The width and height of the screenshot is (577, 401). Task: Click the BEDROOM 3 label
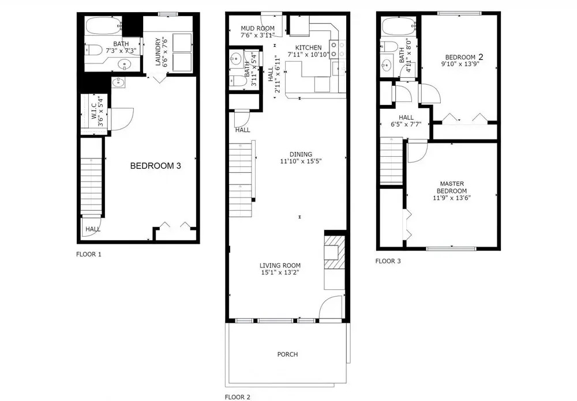(x=156, y=166)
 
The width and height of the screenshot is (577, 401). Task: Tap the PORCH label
(x=287, y=354)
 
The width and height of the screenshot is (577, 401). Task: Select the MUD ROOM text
(x=257, y=28)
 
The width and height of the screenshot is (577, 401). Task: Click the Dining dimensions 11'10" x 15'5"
(x=301, y=161)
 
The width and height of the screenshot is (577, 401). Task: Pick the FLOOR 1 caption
(x=89, y=254)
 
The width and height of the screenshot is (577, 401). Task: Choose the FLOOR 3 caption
(x=388, y=261)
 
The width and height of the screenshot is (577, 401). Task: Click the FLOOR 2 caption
(x=237, y=397)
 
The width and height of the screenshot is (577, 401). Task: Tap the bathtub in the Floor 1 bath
(x=103, y=25)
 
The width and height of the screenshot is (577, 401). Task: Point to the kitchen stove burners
(x=338, y=50)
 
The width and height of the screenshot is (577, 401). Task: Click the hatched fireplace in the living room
(x=335, y=252)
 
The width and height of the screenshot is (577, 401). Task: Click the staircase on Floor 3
(x=391, y=160)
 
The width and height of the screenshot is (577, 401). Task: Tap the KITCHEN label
(x=308, y=47)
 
